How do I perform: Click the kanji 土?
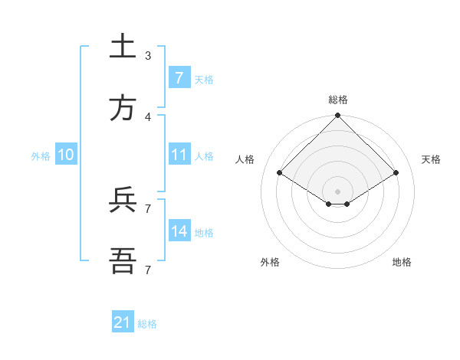coord(123,47)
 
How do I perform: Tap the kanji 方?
coord(123,108)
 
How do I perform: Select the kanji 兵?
coord(123,200)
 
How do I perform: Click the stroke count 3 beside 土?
coord(148,55)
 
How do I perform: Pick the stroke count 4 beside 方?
coord(148,116)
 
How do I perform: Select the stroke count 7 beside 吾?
coord(148,270)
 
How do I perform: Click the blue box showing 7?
coord(179,77)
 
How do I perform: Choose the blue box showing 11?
coord(179,155)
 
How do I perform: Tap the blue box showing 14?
coord(179,231)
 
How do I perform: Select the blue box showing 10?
coord(66,155)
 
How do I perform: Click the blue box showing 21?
coord(123,322)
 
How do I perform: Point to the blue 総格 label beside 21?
coord(147,324)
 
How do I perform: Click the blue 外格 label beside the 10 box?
coord(41,155)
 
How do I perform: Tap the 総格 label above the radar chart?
coord(337,100)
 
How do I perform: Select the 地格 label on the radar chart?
coord(402,262)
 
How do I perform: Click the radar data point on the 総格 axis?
coord(337,116)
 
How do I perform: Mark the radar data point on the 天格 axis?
coord(396,173)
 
